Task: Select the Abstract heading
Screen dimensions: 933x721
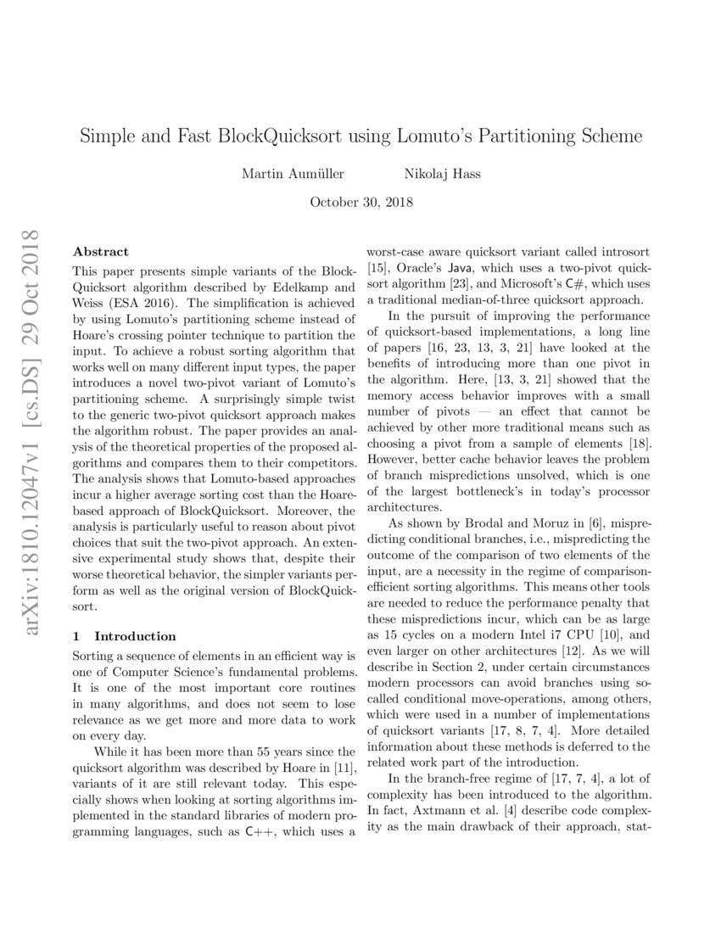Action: [x=101, y=252]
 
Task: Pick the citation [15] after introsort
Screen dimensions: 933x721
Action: [x=374, y=269]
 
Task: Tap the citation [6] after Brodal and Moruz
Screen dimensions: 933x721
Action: [x=576, y=523]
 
